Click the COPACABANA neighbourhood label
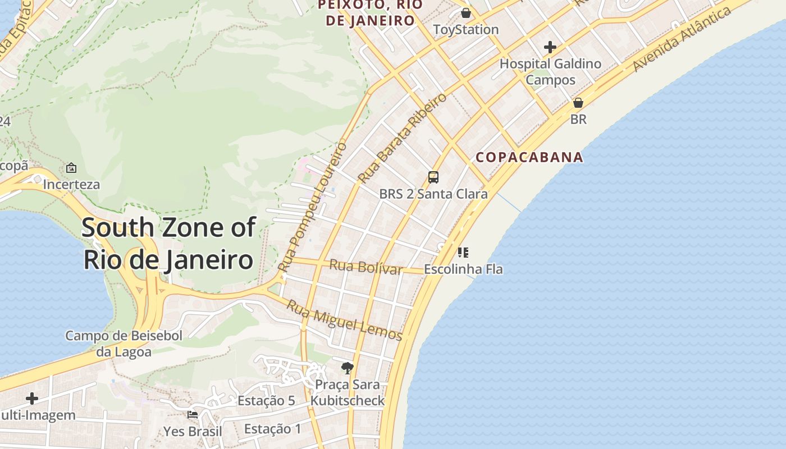529,157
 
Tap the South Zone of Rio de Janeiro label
168,244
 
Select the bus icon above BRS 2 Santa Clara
433,177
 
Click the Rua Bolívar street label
365,267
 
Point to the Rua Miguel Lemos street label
344,320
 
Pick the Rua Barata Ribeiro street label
403,138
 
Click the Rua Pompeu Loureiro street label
313,207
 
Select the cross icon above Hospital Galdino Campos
550,47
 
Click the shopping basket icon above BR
578,103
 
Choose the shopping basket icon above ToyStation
466,13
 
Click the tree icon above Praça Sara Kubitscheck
348,368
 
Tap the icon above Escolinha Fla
463,253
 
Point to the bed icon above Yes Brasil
193,415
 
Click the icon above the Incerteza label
71,168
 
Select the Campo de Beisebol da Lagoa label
124,343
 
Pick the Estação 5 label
266,401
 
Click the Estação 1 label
273,429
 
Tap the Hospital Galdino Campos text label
550,72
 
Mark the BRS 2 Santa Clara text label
433,194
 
